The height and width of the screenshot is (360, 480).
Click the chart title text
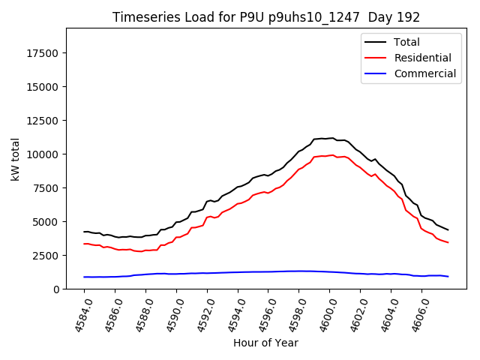[x=266, y=17]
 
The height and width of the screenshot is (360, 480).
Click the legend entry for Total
[x=406, y=42]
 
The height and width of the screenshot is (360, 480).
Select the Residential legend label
[x=422, y=58]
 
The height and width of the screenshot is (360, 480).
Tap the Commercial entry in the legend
[x=424, y=73]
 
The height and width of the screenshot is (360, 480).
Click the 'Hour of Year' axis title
[x=265, y=343]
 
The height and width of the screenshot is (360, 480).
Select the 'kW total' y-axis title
[x=16, y=158]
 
